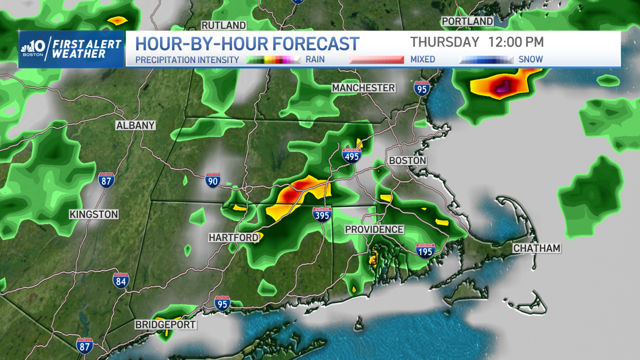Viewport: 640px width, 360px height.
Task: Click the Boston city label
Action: [407, 161]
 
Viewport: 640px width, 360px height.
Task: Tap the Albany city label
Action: [135, 125]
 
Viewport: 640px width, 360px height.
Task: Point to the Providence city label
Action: [374, 229]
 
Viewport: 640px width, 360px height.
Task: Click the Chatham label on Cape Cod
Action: [537, 249]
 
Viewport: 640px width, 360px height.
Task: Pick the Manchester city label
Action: [363, 87]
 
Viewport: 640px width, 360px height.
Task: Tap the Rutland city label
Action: [223, 26]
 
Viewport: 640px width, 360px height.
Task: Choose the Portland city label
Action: [467, 21]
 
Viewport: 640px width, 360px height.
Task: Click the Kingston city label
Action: [93, 214]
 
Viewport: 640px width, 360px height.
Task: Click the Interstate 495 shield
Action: [352, 155]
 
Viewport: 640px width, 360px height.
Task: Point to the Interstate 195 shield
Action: [425, 250]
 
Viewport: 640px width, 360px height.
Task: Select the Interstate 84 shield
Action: [121, 281]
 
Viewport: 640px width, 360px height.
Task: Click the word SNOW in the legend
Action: [531, 59]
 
